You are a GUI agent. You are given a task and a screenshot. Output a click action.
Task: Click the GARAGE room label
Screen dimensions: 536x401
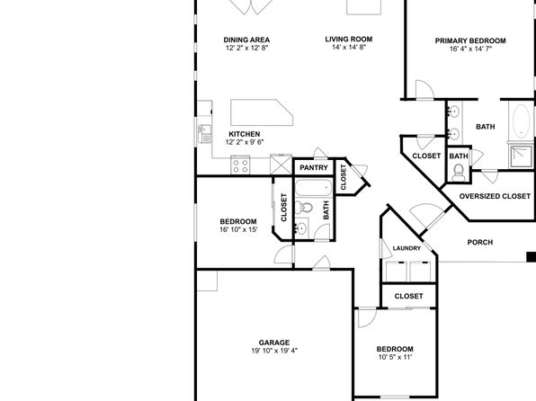(x=273, y=343)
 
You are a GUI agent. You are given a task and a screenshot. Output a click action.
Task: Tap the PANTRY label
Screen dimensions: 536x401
(x=314, y=167)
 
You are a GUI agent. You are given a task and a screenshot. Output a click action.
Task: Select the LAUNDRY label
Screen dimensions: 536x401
(x=406, y=248)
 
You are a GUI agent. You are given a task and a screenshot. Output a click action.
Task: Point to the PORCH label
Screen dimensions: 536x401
(x=480, y=242)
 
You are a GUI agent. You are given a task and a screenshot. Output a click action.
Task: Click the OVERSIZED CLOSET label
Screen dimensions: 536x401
(x=495, y=196)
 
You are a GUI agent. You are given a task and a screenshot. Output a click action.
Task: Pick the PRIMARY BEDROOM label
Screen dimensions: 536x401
(x=470, y=40)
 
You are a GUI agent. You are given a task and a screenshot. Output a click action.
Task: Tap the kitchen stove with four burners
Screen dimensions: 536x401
(x=240, y=165)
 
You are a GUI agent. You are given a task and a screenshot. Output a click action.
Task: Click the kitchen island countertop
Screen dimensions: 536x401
(x=262, y=112)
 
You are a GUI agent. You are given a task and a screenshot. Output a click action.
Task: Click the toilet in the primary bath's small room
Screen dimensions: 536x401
(x=458, y=172)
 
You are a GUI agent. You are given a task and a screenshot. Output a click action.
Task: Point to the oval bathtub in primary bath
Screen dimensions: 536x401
(x=522, y=121)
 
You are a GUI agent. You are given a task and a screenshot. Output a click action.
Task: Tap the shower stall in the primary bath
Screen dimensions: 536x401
(x=521, y=156)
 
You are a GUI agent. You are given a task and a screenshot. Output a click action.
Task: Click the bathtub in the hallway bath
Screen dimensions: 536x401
(x=313, y=188)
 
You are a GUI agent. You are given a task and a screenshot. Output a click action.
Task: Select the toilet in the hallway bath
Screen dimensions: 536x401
(x=304, y=207)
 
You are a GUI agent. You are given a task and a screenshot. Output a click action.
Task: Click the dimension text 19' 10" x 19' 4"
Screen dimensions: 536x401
(x=274, y=351)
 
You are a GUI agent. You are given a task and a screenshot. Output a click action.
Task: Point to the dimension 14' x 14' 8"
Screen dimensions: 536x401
(x=349, y=47)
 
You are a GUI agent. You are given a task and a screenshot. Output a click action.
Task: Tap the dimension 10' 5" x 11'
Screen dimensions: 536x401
(x=395, y=357)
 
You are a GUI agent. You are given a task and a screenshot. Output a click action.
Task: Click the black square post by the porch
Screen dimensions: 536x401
(x=532, y=257)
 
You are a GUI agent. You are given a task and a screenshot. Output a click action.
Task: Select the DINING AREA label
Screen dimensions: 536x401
(x=246, y=40)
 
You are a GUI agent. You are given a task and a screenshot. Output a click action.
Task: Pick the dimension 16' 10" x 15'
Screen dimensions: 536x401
(x=238, y=229)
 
